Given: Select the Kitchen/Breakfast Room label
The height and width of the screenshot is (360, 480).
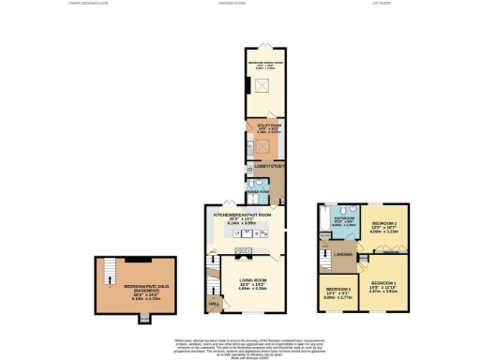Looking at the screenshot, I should click(243, 216).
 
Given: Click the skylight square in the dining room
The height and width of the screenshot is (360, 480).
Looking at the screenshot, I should click(259, 87).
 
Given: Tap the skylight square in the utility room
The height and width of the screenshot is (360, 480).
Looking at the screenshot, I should click(263, 145).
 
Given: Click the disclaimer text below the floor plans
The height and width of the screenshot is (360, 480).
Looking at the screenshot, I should click(240, 344).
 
